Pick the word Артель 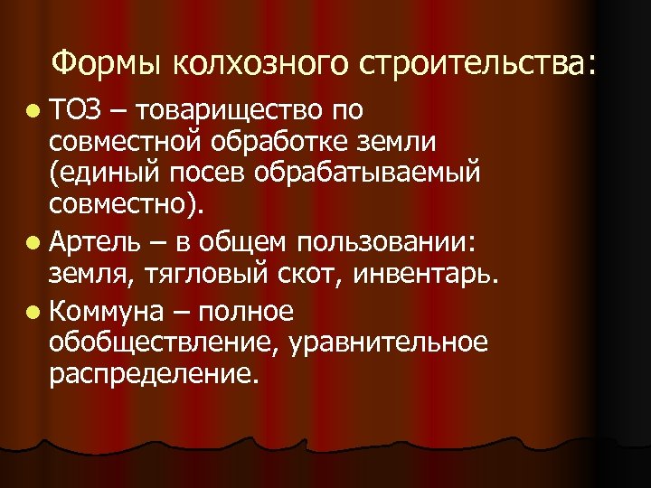97,242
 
